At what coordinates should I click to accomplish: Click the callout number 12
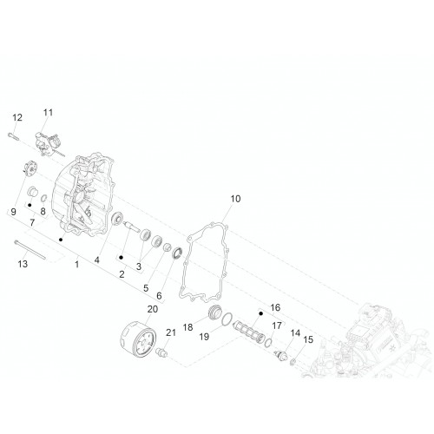coord(17,117)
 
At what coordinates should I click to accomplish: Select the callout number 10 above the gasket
coord(235,199)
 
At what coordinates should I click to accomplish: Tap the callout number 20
coord(153,309)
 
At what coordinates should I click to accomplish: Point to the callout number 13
coord(23,264)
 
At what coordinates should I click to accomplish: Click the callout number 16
coord(275,307)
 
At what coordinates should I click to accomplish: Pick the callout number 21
coord(171,332)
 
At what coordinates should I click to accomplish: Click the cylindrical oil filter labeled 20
coord(138,337)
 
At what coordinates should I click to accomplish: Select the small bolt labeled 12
coord(13,136)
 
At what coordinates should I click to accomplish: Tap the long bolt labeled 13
coord(30,250)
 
